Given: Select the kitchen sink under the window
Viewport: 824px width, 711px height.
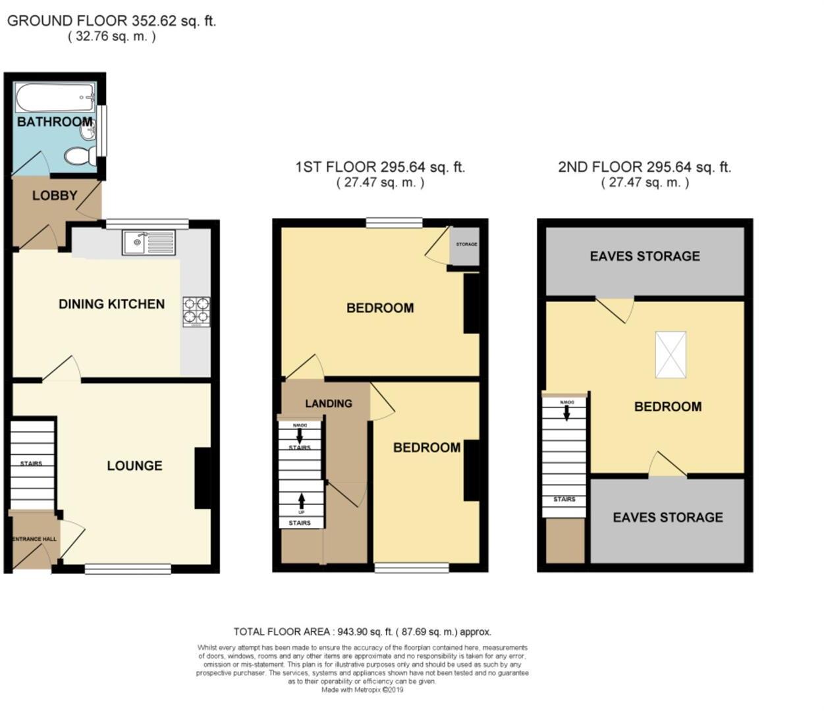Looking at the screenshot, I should pyautogui.click(x=148, y=242).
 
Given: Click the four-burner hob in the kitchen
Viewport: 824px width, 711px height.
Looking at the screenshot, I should pyautogui.click(x=196, y=311).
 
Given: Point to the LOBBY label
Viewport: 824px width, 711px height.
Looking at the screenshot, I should pyautogui.click(x=55, y=196).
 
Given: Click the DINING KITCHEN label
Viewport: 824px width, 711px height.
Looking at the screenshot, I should pyautogui.click(x=111, y=304).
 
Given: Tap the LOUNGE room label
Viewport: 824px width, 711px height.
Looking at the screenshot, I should pyautogui.click(x=134, y=466).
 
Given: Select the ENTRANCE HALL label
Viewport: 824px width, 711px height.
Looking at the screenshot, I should pyautogui.click(x=34, y=539).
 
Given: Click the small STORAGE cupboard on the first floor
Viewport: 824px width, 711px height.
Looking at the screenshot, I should pyautogui.click(x=466, y=245).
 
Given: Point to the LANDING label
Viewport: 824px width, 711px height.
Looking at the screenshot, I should pyautogui.click(x=328, y=404).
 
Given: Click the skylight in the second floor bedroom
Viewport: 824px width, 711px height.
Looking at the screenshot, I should pyautogui.click(x=671, y=355).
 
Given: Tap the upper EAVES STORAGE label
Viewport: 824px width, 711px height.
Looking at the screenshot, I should pyautogui.click(x=644, y=256).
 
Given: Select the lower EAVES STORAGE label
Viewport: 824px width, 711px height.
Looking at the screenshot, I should pyautogui.click(x=667, y=517).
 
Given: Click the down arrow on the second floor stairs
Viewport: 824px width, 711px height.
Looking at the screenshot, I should pyautogui.click(x=566, y=413).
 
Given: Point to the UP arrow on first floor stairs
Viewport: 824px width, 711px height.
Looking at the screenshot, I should pyautogui.click(x=302, y=502).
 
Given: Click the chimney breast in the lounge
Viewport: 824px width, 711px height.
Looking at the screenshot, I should pyautogui.click(x=203, y=478).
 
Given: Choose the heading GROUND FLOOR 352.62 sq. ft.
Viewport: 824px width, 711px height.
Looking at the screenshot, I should pyautogui.click(x=111, y=21).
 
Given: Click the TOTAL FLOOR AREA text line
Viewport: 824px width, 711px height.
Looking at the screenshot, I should pyautogui.click(x=362, y=632).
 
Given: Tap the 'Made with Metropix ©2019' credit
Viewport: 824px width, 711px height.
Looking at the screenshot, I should pyautogui.click(x=362, y=690).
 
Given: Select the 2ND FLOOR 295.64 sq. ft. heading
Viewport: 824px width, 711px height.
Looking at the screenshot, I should pyautogui.click(x=644, y=167).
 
